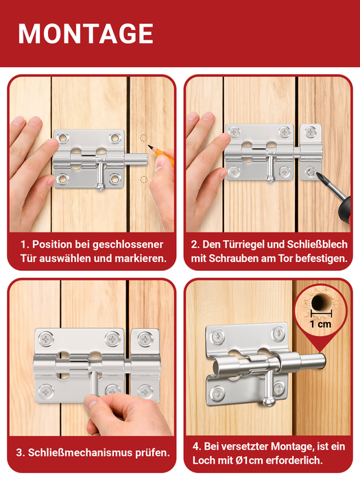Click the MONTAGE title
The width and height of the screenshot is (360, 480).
click(86, 34)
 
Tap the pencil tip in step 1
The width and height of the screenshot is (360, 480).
click(149, 146)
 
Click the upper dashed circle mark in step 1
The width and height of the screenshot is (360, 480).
click(143, 138)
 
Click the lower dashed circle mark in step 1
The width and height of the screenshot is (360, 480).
click(143, 180)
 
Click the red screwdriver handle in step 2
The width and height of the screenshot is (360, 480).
click(344, 211)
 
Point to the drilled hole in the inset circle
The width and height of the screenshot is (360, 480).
click(319, 302)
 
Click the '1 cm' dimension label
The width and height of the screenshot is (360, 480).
click(320, 324)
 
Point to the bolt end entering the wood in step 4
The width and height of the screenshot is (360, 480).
click(321, 361)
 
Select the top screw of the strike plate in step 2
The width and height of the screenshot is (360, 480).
click(311, 132)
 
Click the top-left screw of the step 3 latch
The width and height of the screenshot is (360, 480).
click(46, 339)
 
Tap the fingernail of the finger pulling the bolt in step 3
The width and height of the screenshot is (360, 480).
click(91, 401)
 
